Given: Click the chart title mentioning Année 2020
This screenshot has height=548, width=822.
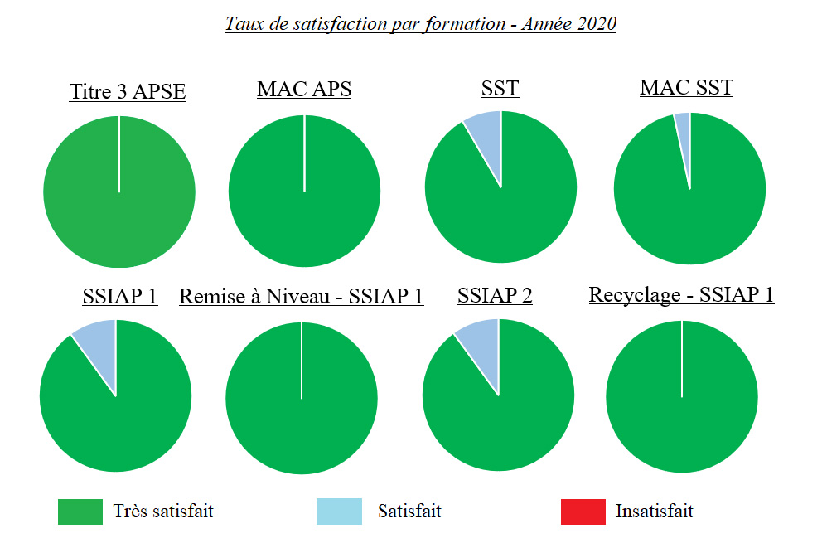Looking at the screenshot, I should pyautogui.click(x=420, y=23).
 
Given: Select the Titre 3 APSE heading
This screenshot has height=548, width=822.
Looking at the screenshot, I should pyautogui.click(x=128, y=91).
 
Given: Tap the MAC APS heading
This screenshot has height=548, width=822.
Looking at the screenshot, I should pyautogui.click(x=304, y=89).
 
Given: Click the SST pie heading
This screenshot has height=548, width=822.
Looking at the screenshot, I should pyautogui.click(x=500, y=88).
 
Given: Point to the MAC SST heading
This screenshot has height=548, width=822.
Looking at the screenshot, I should pyautogui.click(x=686, y=87).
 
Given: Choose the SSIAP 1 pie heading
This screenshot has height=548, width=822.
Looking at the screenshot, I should pyautogui.click(x=120, y=296).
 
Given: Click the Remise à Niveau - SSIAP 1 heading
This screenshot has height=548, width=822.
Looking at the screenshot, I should pyautogui.click(x=302, y=296).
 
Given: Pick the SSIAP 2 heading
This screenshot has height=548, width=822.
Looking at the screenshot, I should pyautogui.click(x=495, y=295).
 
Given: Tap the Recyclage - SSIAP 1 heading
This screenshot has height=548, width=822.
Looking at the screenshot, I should pyautogui.click(x=681, y=294).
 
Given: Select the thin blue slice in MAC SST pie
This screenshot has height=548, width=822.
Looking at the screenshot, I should pyautogui.click(x=683, y=125).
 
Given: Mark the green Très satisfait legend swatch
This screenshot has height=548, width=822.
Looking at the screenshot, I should pyautogui.click(x=80, y=512).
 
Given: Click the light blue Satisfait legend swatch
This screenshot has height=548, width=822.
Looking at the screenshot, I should pyautogui.click(x=339, y=512).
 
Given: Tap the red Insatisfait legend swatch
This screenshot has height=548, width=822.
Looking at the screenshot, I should pyautogui.click(x=583, y=512).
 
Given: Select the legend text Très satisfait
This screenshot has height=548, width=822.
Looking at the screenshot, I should pyautogui.click(x=163, y=511).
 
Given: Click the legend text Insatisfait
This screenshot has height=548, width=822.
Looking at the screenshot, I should pyautogui.click(x=654, y=511).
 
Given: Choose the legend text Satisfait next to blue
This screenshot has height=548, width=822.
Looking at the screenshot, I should pyautogui.click(x=409, y=511).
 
